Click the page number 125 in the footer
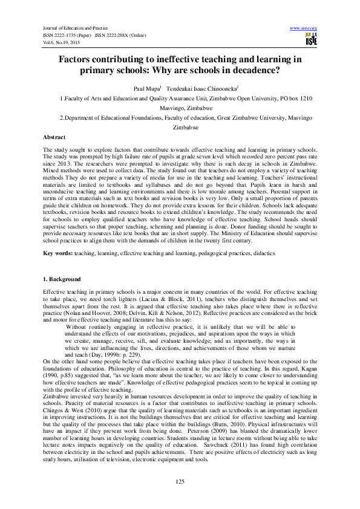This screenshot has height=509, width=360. (x=180, y=481)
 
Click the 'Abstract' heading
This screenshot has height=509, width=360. (x=56, y=138)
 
